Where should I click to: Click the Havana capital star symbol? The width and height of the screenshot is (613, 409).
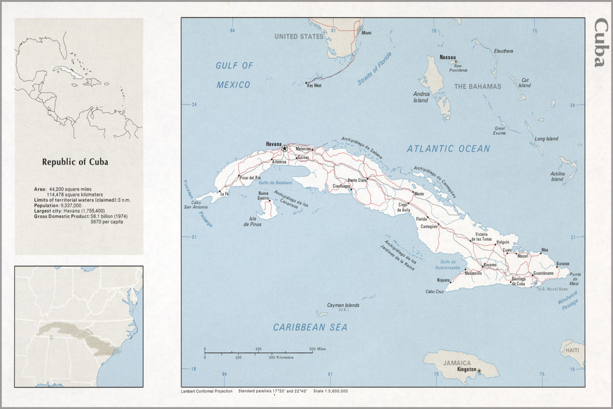[x=285, y=148]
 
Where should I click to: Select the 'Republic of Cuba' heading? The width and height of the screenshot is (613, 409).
[x=75, y=162]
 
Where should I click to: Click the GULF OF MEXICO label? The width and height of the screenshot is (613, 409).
[x=234, y=75]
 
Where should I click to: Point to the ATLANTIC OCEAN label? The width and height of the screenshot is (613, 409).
[x=448, y=149]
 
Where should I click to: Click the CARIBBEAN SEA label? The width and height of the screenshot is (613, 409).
[x=310, y=327]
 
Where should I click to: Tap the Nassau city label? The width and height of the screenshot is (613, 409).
[x=448, y=57]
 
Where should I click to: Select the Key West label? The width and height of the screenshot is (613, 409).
[x=314, y=85]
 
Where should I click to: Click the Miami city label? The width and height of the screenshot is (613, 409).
[x=366, y=33]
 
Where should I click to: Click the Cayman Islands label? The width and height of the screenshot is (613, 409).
[x=343, y=305]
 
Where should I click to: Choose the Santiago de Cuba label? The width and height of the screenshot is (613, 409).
[x=518, y=281]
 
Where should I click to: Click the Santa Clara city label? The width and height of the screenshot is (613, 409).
[x=357, y=180]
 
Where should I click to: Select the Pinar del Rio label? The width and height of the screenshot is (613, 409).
[x=250, y=177]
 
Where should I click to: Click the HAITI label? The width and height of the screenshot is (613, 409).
[x=572, y=350]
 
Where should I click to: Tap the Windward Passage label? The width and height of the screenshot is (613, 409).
[x=567, y=300]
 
